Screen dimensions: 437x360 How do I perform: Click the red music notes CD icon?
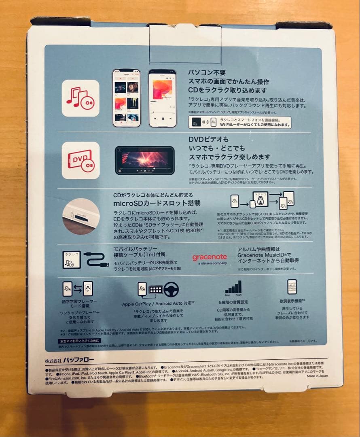tap(80, 98)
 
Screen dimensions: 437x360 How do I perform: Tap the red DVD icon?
tap(80, 160)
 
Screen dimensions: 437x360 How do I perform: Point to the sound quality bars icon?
tap(233, 288)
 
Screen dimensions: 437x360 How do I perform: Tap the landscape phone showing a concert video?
tap(145, 160)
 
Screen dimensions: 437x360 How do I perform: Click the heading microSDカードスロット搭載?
tap(157, 203)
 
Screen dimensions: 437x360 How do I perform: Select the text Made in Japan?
tap(317, 375)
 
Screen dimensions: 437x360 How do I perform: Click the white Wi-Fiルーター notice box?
tap(239, 122)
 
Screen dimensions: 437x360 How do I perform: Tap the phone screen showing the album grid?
tap(126, 98)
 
